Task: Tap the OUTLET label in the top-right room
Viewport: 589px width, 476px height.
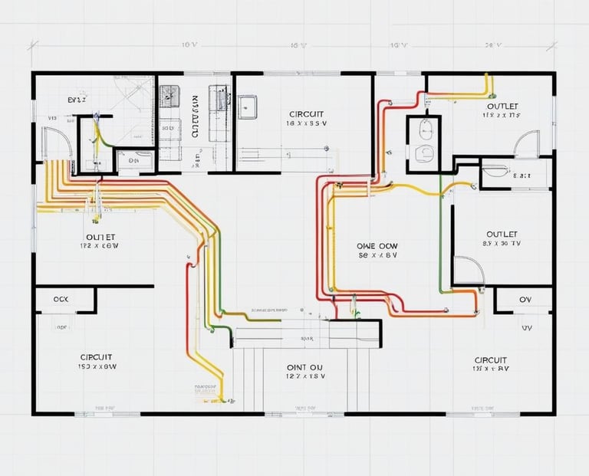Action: point(502,106)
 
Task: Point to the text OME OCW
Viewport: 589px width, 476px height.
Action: point(378,245)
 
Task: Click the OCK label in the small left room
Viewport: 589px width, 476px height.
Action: point(62,299)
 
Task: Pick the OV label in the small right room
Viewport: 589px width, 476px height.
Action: point(525,299)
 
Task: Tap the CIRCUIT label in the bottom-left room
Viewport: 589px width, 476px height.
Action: point(97,357)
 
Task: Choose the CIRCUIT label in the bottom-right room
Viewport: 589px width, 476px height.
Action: point(490,359)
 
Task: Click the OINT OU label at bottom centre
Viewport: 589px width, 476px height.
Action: point(306,366)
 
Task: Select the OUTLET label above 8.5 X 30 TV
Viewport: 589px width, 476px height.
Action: point(502,234)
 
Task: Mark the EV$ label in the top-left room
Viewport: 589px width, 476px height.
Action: point(77,100)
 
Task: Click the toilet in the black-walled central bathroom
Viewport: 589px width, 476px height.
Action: point(423,153)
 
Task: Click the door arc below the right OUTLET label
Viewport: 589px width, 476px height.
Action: point(467,270)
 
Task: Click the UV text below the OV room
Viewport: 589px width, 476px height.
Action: point(526,327)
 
